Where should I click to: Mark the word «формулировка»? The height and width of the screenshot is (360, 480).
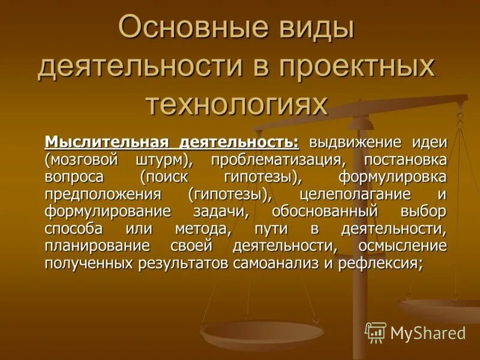point(392,178)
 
